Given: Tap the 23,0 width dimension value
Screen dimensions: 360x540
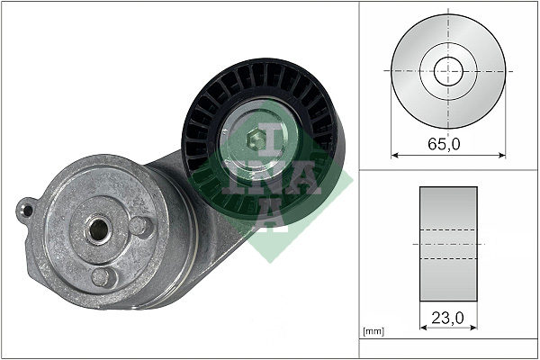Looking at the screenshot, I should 448,318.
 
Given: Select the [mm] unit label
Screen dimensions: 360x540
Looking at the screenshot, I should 373,332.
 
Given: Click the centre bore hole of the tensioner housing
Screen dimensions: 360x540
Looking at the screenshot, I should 96,229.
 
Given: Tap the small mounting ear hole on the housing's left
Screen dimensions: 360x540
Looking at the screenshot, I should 27,211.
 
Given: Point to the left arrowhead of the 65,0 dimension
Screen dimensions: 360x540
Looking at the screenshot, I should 394,155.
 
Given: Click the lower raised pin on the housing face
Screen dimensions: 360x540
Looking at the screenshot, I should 105,276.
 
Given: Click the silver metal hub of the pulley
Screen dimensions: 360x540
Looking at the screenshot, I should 270,126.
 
